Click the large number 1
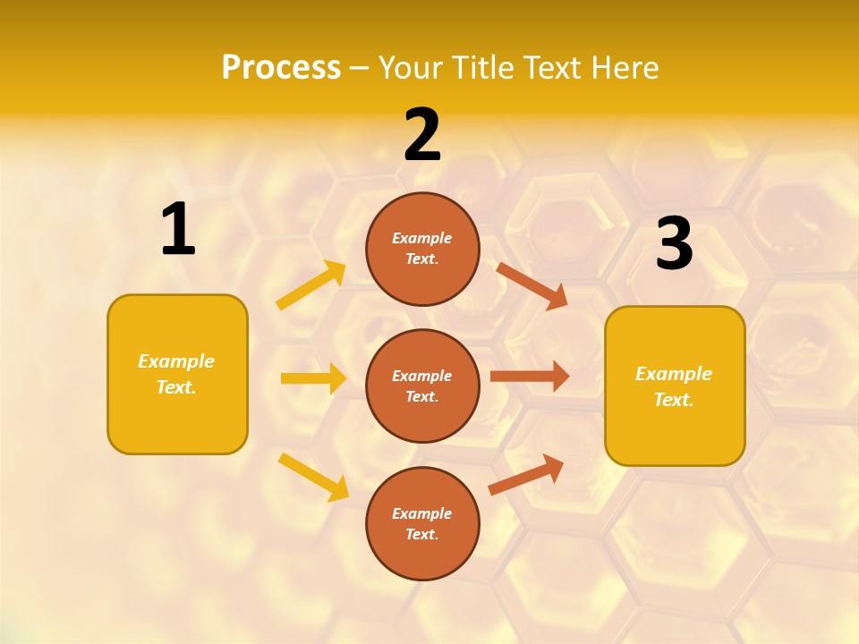178,230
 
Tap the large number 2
421,135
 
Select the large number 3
674,244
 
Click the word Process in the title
281,68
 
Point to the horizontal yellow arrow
313,378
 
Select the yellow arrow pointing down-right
313,477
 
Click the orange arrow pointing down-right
532,285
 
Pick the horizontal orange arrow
529,377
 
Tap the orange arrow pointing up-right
526,475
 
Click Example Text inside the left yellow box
177,374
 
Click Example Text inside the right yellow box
674,386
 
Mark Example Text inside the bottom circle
422,523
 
